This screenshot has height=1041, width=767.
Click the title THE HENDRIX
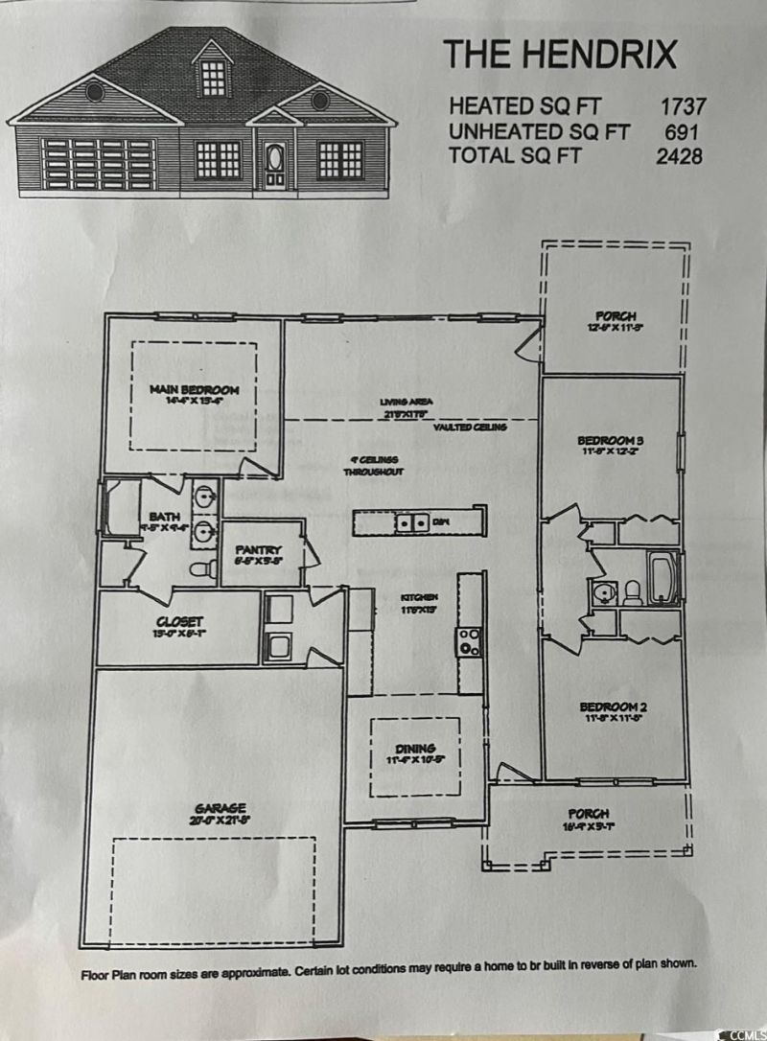(560, 55)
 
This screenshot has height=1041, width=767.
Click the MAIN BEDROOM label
(194, 390)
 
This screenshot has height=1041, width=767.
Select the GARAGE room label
(222, 807)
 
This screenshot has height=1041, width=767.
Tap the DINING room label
(416, 748)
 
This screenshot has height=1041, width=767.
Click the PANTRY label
(256, 551)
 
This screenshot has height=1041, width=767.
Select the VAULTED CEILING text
(469, 428)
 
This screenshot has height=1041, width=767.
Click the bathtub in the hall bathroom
(663, 577)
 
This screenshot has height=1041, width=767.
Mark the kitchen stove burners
(470, 641)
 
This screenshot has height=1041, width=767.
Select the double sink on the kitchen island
(413, 522)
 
